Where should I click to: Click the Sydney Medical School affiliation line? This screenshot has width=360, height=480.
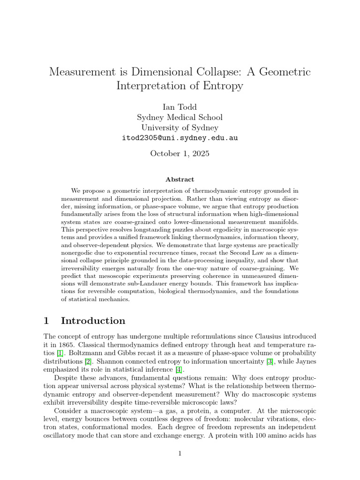[x=180, y=117]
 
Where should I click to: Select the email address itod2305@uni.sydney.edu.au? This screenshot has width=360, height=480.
[x=180, y=138]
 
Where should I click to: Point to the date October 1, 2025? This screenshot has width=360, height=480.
[x=180, y=153]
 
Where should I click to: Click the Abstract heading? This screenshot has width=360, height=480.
[x=180, y=179]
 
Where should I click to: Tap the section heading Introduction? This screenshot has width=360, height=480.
[x=93, y=321]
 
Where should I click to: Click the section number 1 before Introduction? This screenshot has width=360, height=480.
[x=46, y=321]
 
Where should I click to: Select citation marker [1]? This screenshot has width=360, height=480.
[x=60, y=352]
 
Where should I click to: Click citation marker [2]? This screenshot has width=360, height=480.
[x=88, y=361]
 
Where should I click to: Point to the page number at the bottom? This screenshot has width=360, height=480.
[x=180, y=453]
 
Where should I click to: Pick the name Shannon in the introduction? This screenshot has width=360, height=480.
[x=109, y=361]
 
